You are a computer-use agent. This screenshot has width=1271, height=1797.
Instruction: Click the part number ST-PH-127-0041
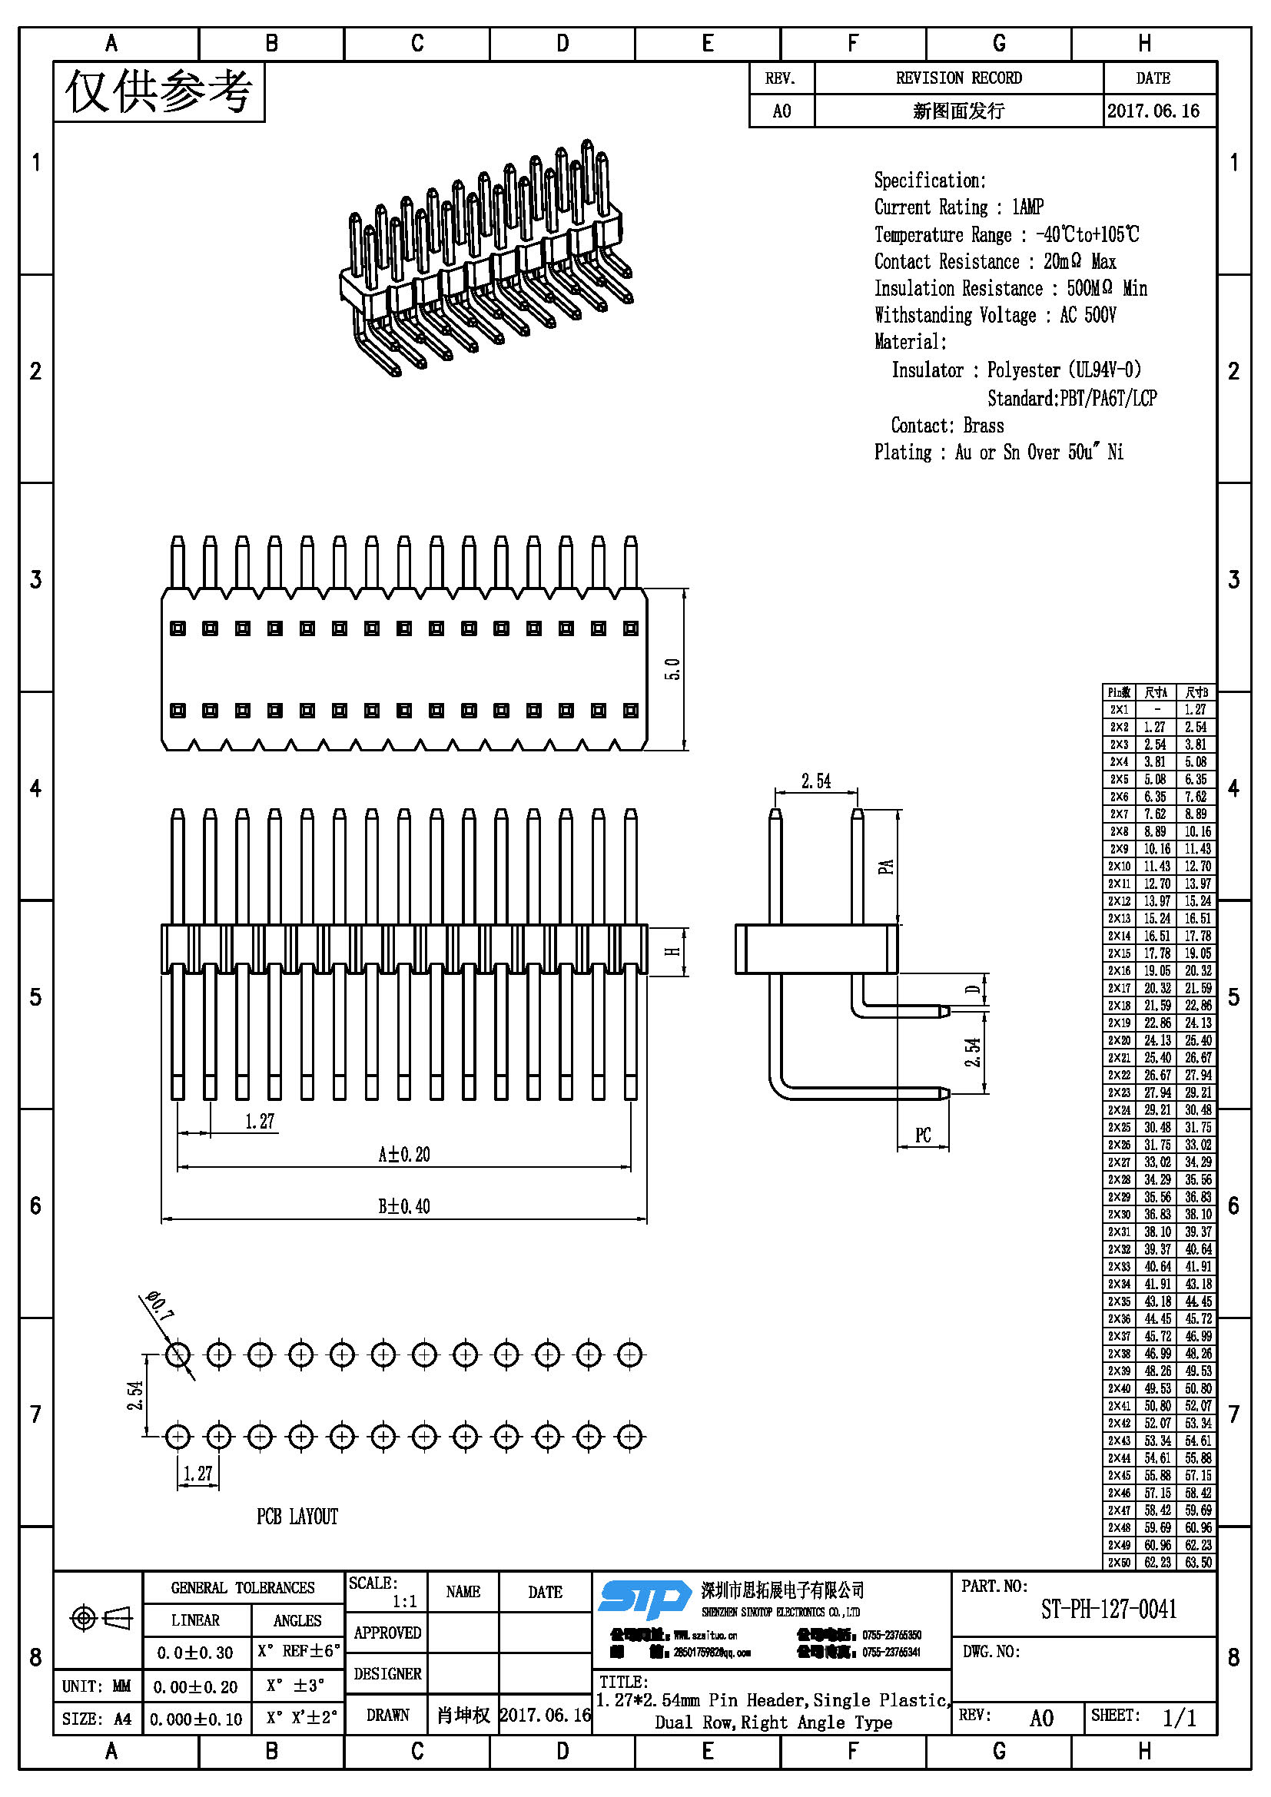(x=1108, y=1610)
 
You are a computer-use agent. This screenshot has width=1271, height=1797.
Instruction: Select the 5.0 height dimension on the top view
(x=672, y=669)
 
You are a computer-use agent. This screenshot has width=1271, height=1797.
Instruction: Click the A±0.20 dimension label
(x=404, y=1155)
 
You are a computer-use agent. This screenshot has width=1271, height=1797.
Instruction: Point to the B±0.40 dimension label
(x=404, y=1206)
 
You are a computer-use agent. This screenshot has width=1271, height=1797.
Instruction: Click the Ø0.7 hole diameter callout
(x=159, y=1305)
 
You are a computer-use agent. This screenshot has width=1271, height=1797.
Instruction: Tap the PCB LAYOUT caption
(x=297, y=1517)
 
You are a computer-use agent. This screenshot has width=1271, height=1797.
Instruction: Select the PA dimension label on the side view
(x=885, y=867)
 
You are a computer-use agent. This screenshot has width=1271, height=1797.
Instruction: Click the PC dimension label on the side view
(x=923, y=1136)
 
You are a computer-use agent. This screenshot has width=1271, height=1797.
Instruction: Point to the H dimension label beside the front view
(x=672, y=952)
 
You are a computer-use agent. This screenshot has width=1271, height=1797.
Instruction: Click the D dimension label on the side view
(x=973, y=990)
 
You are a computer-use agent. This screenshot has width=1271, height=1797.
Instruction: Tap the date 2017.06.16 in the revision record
(x=1153, y=111)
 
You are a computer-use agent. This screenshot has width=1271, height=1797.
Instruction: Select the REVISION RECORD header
(x=959, y=78)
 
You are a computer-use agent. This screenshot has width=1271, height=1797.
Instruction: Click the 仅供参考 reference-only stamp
(x=159, y=92)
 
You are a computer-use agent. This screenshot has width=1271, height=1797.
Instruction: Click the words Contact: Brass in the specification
(x=947, y=426)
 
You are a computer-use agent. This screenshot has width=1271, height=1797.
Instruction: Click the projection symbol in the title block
(x=101, y=1619)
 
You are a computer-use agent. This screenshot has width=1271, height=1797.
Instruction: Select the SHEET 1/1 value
(x=1180, y=1718)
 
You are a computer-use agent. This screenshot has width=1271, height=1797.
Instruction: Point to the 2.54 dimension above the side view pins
(x=815, y=781)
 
